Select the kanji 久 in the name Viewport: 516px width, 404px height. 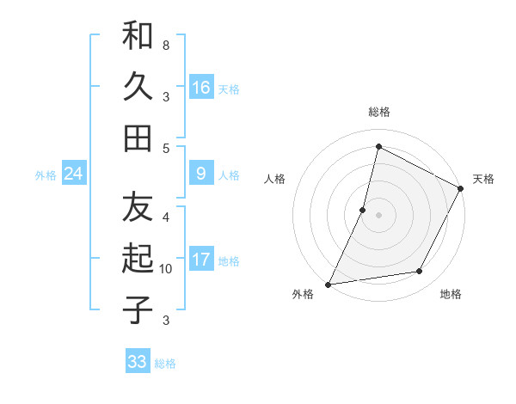click(x=138, y=88)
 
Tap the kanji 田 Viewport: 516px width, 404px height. click(x=138, y=138)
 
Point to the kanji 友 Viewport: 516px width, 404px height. click(x=138, y=209)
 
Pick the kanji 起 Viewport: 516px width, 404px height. click(x=138, y=260)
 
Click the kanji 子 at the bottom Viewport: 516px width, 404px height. click(x=138, y=309)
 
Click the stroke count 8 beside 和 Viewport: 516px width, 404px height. click(x=165, y=44)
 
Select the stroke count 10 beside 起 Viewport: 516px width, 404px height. click(x=166, y=269)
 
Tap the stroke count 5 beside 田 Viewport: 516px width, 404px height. click(x=166, y=148)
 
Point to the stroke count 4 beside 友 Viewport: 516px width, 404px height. click(x=166, y=217)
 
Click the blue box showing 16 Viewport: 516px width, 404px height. click(x=201, y=88)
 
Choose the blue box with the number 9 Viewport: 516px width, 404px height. click(x=201, y=174)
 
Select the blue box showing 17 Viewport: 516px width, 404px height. click(x=201, y=260)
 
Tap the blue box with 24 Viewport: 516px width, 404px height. click(x=73, y=174)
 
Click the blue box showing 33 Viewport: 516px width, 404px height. click(x=138, y=362)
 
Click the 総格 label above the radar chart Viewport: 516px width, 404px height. click(x=378, y=112)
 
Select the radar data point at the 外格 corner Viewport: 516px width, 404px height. click(x=328, y=285)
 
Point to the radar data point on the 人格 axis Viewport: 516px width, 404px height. click(x=363, y=210)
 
